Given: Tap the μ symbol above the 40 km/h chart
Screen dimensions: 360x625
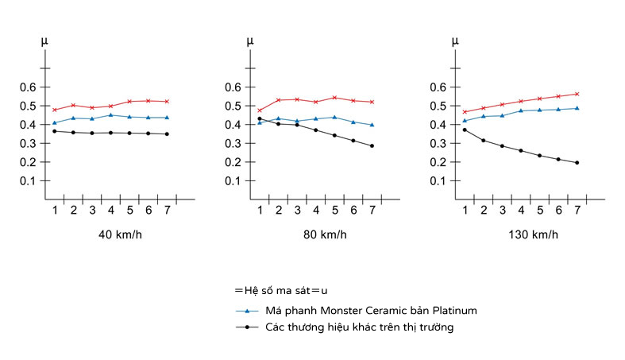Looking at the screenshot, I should pos(44,40).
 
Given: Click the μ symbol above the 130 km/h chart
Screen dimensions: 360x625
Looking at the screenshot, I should pos(454,40).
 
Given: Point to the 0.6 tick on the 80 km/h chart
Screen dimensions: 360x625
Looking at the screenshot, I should pos(232,87).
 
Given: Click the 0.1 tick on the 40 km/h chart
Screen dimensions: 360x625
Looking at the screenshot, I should pos(28,180).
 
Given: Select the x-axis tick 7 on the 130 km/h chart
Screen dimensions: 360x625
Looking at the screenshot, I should pos(577,210).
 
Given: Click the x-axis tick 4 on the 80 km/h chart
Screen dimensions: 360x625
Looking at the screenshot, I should pos(315,210).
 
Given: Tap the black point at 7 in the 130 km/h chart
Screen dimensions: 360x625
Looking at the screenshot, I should pos(577,163).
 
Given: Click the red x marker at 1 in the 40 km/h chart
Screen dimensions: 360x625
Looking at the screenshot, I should pos(55,110).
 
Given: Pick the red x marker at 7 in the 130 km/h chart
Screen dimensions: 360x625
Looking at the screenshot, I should pos(577,94).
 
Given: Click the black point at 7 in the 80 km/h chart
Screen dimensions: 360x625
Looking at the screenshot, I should pos(371,145).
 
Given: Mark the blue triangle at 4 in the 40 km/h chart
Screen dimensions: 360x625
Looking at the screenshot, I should pos(110,115).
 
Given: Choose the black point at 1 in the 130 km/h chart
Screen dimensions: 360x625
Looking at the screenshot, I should pos(465,130).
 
